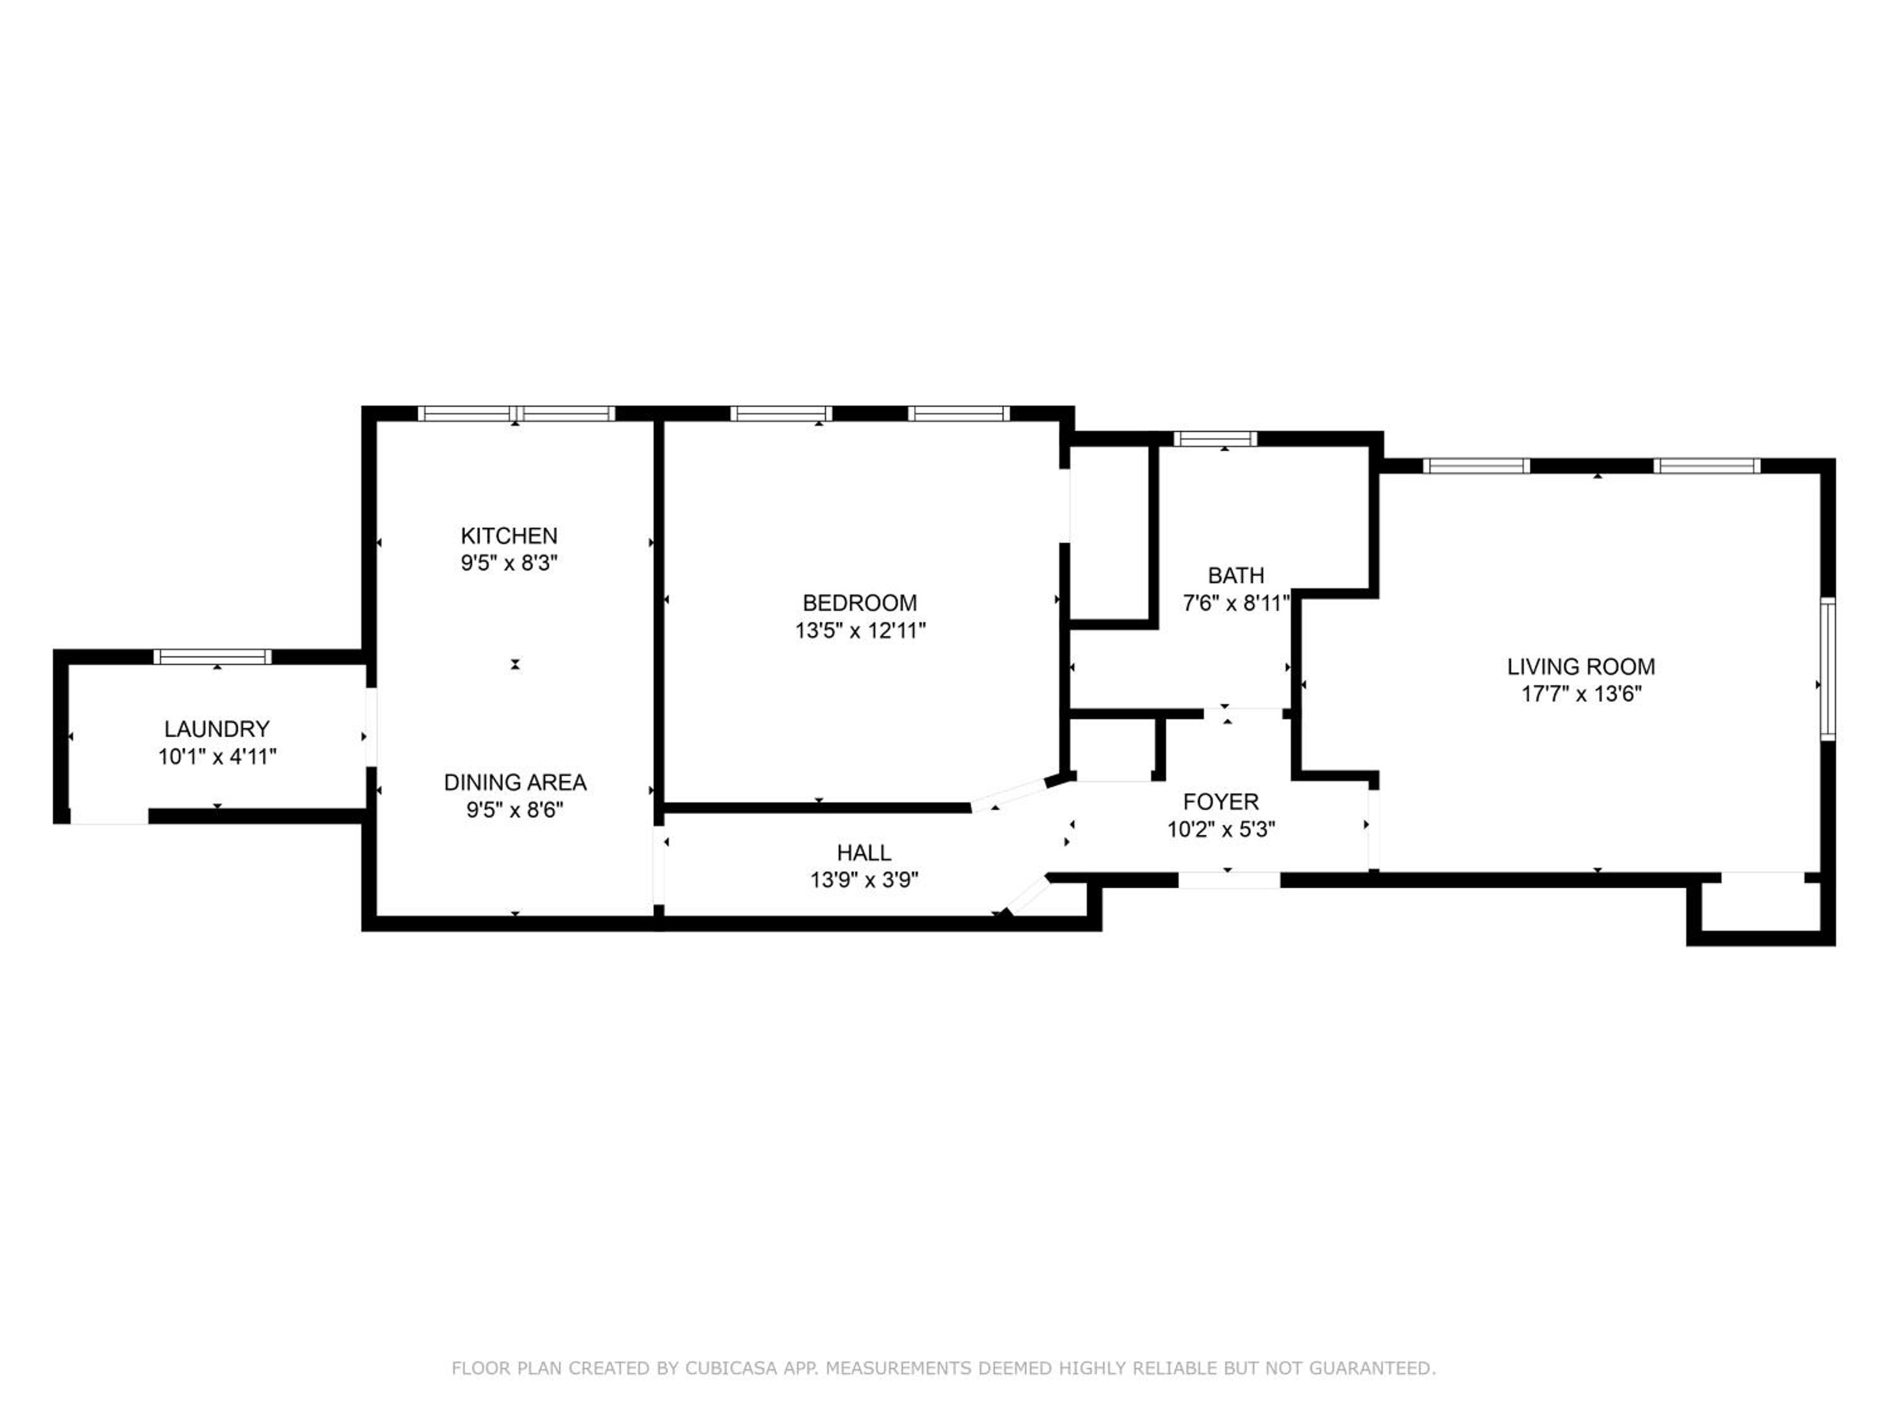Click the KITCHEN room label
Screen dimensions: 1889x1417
tap(509, 535)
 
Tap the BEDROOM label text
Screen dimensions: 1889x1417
tap(860, 603)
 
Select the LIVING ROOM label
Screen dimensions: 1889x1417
tap(1580, 666)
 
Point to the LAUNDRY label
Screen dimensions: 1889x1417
tap(217, 729)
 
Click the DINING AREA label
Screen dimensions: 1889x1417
tap(515, 782)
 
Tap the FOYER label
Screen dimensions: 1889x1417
tap(1221, 801)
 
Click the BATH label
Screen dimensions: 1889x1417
tap(1235, 575)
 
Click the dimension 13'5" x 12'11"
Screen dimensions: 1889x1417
tap(861, 630)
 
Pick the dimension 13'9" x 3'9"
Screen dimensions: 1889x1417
tap(865, 879)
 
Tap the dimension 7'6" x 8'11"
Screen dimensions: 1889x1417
tap(1235, 603)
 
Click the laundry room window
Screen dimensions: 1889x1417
tap(213, 656)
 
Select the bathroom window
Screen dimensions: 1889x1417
tap(1215, 438)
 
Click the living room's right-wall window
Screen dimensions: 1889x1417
tap(1827, 668)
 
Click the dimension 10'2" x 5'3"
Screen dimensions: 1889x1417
tap(1221, 829)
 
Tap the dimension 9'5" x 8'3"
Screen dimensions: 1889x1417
tap(509, 563)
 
